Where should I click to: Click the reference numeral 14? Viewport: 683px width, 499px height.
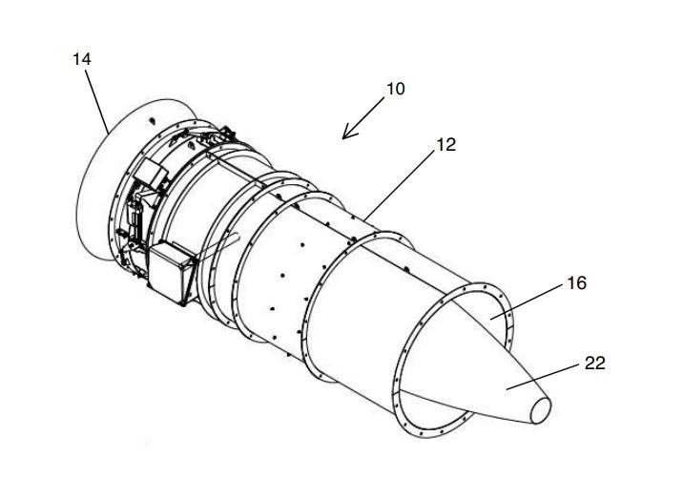click(x=82, y=59)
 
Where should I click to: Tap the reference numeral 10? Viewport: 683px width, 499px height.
click(x=396, y=89)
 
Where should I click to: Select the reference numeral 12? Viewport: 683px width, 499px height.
click(x=445, y=145)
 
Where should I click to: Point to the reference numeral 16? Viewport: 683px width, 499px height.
click(x=577, y=283)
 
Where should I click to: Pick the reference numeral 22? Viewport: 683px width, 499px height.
click(x=594, y=363)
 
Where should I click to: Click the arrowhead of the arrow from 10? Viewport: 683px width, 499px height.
click(x=348, y=134)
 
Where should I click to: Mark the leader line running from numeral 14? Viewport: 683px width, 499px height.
click(x=96, y=101)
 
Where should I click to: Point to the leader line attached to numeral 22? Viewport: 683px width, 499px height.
click(x=544, y=377)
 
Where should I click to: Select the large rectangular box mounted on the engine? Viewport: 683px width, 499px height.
click(x=171, y=272)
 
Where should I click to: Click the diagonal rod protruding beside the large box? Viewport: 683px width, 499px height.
click(x=219, y=246)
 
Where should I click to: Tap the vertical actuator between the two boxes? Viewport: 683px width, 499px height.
click(x=135, y=216)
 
